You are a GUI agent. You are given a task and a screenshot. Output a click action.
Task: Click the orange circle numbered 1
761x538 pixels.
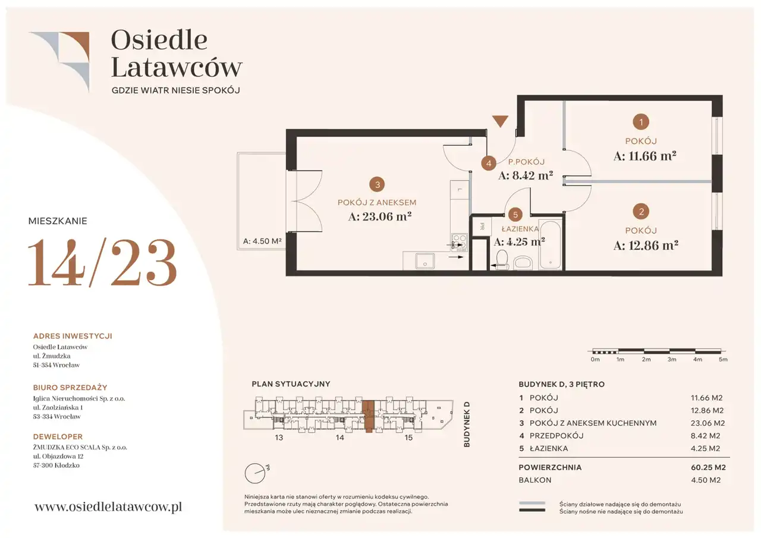click(x=641, y=122)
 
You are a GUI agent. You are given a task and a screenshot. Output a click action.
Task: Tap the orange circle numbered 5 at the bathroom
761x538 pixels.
click(x=515, y=215)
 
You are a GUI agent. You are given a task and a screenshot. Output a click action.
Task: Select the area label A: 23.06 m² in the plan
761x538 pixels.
click(x=380, y=216)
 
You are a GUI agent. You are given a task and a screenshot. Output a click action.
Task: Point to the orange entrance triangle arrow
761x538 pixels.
click(x=500, y=121)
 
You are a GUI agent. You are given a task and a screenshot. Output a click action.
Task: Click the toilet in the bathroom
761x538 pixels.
click(x=501, y=260)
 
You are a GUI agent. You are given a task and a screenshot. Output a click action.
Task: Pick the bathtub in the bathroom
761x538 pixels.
click(x=551, y=245)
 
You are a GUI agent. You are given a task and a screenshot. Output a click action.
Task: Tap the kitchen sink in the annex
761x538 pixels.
click(x=424, y=261)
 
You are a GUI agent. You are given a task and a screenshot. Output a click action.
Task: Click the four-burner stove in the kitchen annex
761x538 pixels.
click(x=460, y=242)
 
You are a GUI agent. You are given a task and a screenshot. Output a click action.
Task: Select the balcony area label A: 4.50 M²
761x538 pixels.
click(x=262, y=241)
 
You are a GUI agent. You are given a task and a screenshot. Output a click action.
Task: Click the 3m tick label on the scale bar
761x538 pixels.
click(x=672, y=359)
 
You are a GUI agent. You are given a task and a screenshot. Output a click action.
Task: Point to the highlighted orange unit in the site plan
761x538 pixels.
click(x=368, y=416)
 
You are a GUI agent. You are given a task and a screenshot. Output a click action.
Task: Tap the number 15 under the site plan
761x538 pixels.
click(x=408, y=438)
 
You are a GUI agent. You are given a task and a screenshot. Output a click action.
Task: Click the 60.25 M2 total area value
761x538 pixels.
click(x=708, y=467)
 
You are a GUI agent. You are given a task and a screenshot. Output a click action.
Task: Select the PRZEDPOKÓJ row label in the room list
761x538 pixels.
click(x=556, y=436)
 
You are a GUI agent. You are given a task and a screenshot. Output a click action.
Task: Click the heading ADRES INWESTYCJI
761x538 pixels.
click(x=73, y=336)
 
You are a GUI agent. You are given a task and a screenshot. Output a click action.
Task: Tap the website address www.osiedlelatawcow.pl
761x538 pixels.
click(x=108, y=506)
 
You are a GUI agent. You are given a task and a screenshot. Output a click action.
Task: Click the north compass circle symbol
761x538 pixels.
click(x=255, y=473)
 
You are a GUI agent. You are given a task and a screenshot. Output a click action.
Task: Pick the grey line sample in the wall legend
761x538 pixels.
click(x=532, y=503)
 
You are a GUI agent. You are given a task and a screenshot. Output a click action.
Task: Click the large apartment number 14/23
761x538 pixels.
click(x=102, y=262)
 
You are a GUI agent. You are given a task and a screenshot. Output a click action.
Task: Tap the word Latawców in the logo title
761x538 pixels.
click(x=177, y=67)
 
